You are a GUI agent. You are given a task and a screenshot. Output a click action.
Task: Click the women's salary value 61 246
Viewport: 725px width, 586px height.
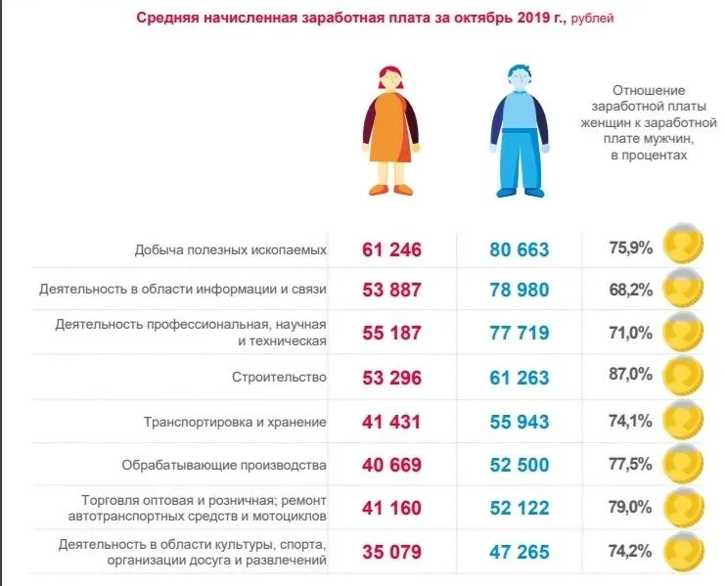(x=391, y=249)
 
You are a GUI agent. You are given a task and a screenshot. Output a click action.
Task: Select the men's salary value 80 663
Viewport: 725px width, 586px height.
(x=520, y=249)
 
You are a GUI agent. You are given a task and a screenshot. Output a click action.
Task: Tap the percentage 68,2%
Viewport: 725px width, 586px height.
(x=630, y=290)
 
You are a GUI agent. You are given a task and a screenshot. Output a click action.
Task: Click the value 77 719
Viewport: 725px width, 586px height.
(x=520, y=333)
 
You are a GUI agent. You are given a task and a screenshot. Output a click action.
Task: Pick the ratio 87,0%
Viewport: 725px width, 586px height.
(x=630, y=376)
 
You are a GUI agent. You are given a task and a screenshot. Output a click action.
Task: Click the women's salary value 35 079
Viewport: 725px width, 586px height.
(x=391, y=553)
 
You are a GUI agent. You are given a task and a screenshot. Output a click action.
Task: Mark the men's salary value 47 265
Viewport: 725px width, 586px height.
(x=520, y=553)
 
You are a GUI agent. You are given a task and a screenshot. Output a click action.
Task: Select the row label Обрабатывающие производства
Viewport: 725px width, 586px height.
(x=223, y=465)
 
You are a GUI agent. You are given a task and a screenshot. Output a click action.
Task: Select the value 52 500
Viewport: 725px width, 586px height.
(x=520, y=466)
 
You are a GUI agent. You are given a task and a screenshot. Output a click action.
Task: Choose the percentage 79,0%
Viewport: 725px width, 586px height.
(x=630, y=507)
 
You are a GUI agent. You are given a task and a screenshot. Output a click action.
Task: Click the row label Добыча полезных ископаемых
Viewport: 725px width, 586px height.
(x=231, y=249)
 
